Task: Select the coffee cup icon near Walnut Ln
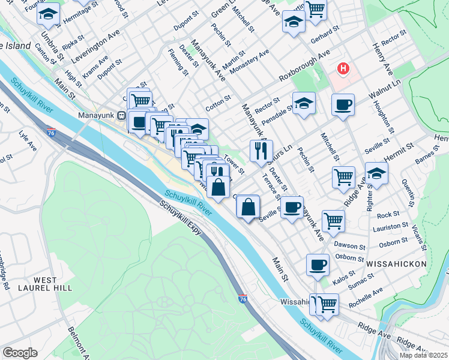pyautogui.click(x=343, y=105)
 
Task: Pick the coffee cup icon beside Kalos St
pyautogui.click(x=318, y=265)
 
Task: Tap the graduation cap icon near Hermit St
pyautogui.click(x=376, y=173)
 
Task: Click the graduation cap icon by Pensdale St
pyautogui.click(x=304, y=103)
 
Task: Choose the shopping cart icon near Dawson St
pyautogui.click(x=333, y=220)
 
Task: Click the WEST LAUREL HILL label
pyautogui.click(x=45, y=285)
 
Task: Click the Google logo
pyautogui.click(x=19, y=353)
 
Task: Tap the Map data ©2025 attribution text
pyautogui.click(x=423, y=355)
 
